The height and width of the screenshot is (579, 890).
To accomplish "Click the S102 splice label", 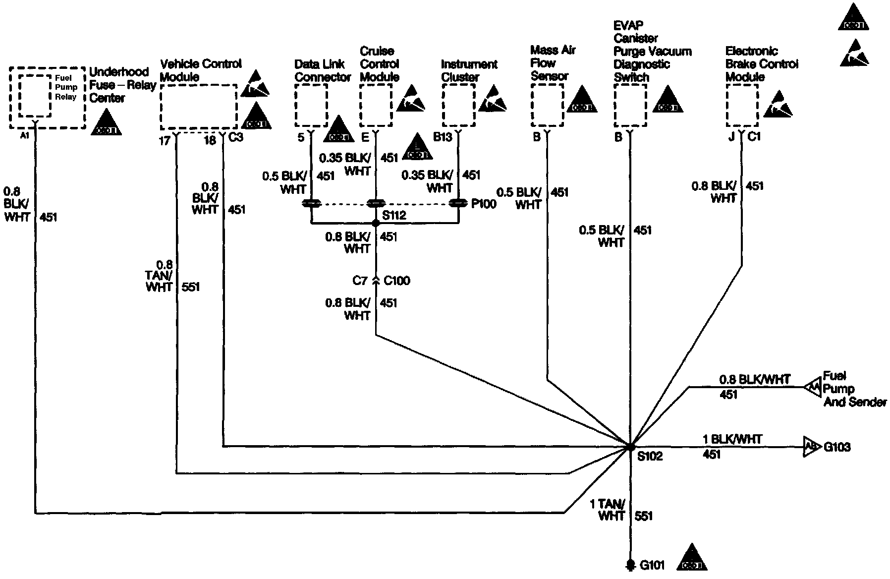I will [x=650, y=456].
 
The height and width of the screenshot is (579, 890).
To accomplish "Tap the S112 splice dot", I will [x=376, y=224].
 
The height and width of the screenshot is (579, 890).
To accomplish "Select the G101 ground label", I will [x=652, y=565].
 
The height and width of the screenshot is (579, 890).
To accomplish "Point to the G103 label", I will [x=837, y=447].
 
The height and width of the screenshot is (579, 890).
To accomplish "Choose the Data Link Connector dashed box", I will [x=311, y=105].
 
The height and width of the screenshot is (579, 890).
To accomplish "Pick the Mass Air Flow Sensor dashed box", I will [x=547, y=105].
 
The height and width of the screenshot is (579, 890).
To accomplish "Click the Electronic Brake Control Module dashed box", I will [x=742, y=105].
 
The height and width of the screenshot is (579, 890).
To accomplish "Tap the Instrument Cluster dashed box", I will [x=458, y=105].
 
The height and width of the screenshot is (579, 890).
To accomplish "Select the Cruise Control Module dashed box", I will [x=376, y=105].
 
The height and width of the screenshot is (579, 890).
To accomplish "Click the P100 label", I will [x=484, y=204].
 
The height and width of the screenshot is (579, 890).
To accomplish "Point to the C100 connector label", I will [x=397, y=281].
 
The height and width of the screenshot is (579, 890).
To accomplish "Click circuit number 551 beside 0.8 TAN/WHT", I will [x=191, y=287].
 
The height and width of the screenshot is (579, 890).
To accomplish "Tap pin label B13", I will [x=443, y=137].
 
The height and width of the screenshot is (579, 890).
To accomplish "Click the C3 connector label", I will [x=236, y=137].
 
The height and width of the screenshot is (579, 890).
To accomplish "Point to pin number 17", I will [x=165, y=141].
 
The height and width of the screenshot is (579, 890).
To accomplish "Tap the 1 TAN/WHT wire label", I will [x=607, y=510].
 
